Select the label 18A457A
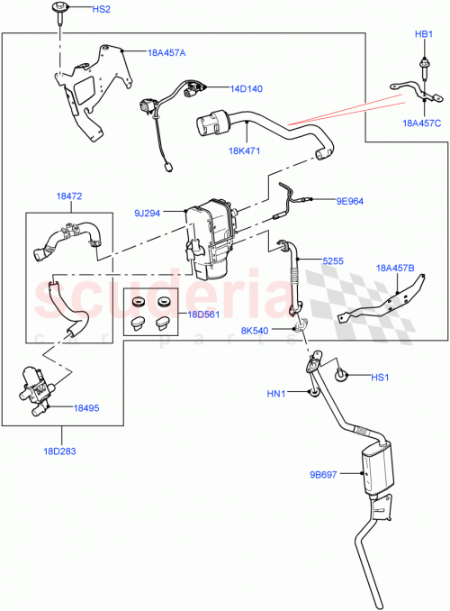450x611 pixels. [x=166, y=53]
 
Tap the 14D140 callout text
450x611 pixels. [x=245, y=89]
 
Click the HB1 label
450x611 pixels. [x=424, y=34]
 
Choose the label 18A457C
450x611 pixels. [x=421, y=123]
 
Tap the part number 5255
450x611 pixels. [x=333, y=260]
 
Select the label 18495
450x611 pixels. [x=87, y=408]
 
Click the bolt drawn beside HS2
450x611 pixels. [x=59, y=12]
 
